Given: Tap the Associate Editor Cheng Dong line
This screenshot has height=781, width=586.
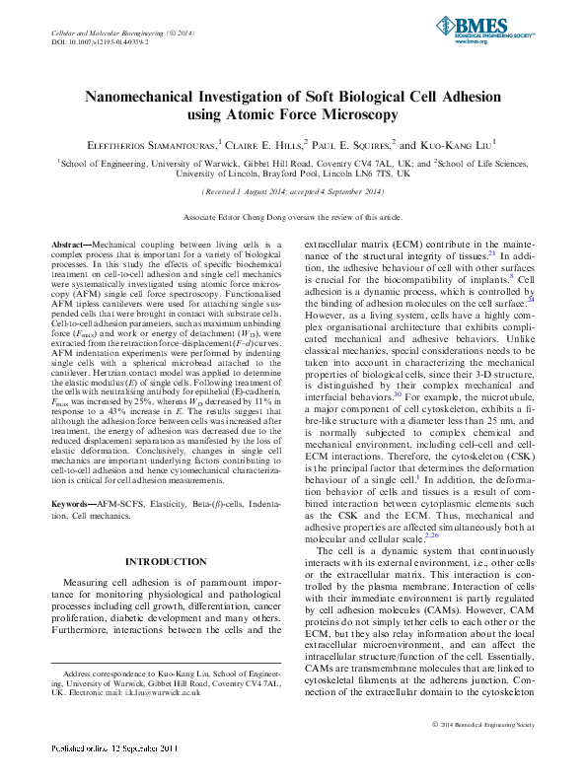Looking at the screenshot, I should [x=292, y=216].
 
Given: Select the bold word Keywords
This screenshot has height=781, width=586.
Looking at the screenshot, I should [x=74, y=504].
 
